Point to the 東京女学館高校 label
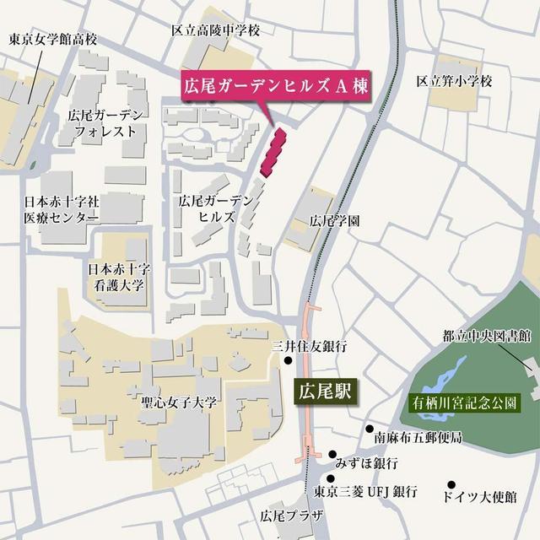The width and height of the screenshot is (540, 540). click(53, 39)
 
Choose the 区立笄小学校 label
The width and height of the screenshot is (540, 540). click(454, 81)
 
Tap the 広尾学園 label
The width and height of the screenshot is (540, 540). click(335, 221)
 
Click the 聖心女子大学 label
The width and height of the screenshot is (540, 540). click(179, 402)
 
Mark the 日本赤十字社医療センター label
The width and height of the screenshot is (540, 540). click(61, 210)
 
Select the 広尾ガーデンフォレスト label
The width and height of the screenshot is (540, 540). click(105, 123)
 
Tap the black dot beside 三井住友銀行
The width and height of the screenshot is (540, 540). click(289, 362)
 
